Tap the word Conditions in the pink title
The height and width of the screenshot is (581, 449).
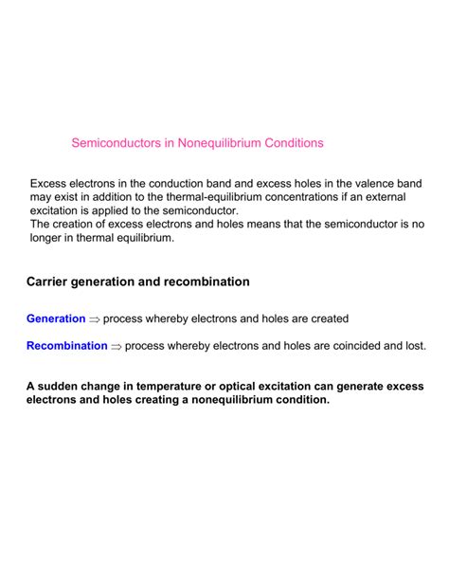(289, 143)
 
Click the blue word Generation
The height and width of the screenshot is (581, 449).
(56, 318)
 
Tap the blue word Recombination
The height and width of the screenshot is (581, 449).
(66, 346)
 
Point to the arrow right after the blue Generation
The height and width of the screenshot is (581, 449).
(94, 319)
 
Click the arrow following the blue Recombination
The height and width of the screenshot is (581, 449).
(116, 347)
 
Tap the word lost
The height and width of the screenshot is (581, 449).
(413, 346)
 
